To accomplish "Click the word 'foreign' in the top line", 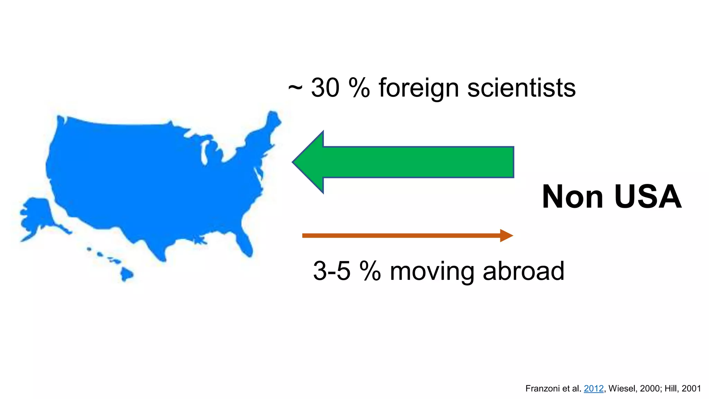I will (419, 88).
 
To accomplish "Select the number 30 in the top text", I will (325, 88).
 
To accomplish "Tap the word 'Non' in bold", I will (573, 197).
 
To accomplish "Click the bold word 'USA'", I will (648, 197).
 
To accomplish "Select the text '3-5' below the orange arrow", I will (332, 271).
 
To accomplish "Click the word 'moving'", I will (432, 271).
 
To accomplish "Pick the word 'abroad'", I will (523, 271).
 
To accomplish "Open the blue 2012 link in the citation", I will (593, 389).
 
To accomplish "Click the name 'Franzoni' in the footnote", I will (542, 389).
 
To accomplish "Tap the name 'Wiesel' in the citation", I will (621, 389).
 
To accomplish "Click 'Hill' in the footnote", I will (671, 389).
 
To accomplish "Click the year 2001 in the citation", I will (691, 389).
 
